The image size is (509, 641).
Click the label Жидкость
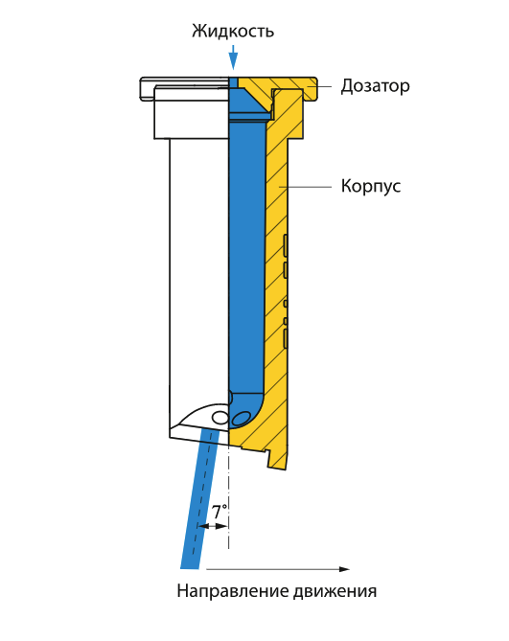[x=233, y=32]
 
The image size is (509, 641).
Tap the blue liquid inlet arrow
[x=233, y=57]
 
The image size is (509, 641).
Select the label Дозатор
[x=375, y=86]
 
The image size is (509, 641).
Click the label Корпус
[x=371, y=187]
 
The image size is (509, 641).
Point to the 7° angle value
[x=220, y=512]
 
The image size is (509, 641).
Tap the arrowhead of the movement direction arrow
[x=345, y=569]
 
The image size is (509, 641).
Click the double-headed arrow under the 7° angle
[x=212, y=526]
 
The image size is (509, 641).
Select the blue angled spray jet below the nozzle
[x=199, y=499]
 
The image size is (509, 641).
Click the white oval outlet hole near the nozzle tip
[x=220, y=418]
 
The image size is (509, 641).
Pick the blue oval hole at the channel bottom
[x=240, y=419]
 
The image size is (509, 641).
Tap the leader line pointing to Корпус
[x=305, y=187]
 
